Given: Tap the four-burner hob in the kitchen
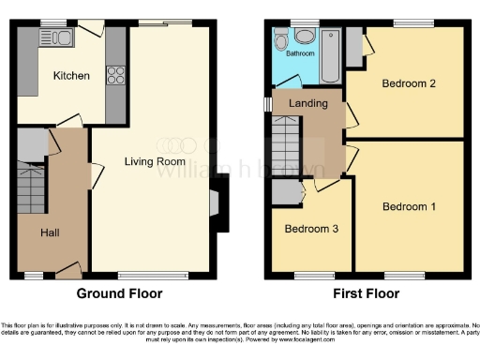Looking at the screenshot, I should tap(115, 74).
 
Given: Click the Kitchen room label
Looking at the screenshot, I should tap(70, 76).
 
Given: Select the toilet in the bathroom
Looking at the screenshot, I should tap(304, 37).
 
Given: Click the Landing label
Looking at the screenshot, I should tap(304, 104).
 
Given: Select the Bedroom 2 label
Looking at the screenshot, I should tap(408, 83).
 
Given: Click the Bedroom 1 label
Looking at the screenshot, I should tap(408, 206).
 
